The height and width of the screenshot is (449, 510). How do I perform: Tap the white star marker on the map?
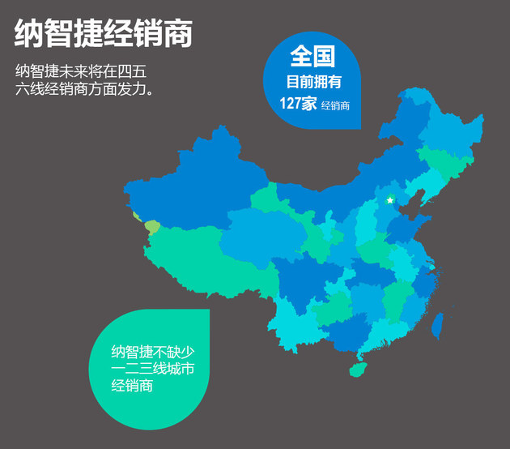(x=389, y=199)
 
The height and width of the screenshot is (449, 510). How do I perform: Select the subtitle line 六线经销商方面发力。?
(x=84, y=88)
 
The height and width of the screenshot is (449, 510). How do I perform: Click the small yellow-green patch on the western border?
(x=151, y=226)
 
